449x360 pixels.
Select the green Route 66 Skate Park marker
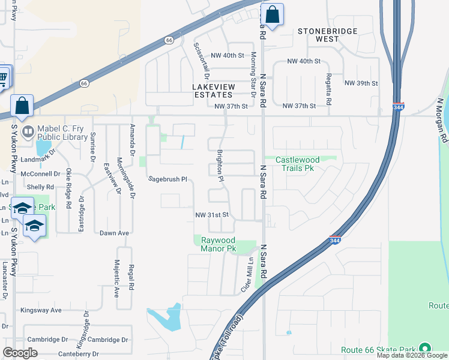tap(425, 349)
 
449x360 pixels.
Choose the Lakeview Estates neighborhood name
tap(212, 91)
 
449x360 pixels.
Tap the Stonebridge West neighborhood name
tap(328, 35)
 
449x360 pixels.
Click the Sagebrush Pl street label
tap(169, 179)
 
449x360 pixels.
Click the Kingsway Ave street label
tap(41, 310)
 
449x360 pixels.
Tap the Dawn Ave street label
tap(115, 233)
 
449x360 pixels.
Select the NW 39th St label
tap(361, 83)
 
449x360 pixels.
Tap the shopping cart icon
tap(4, 77)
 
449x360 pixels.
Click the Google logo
tap(20, 353)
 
